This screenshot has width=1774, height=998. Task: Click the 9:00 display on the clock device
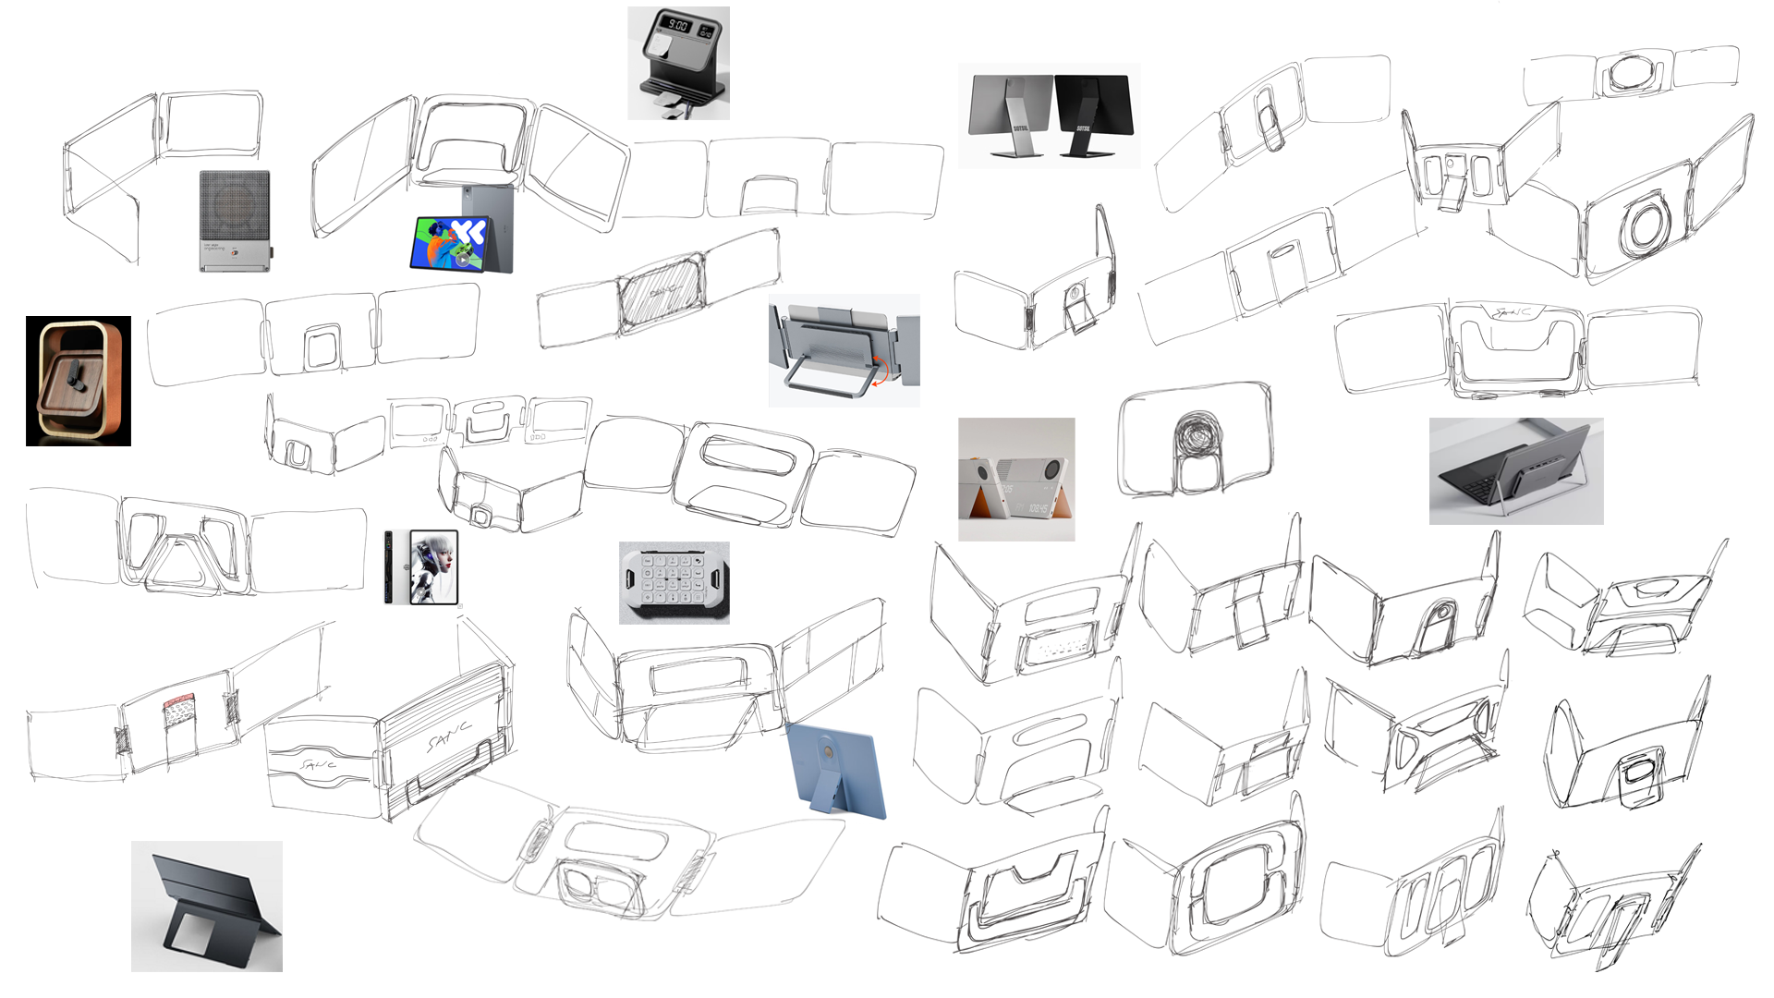pos(677,26)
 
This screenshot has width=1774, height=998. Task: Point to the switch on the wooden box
pos(73,377)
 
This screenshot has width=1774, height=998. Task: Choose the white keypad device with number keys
pos(674,582)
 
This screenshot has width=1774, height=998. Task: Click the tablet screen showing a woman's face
pos(433,566)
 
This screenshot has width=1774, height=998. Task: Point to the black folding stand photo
pos(206,906)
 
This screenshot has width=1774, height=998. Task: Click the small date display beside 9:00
pos(706,31)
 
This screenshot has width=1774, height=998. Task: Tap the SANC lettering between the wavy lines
pos(318,765)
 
